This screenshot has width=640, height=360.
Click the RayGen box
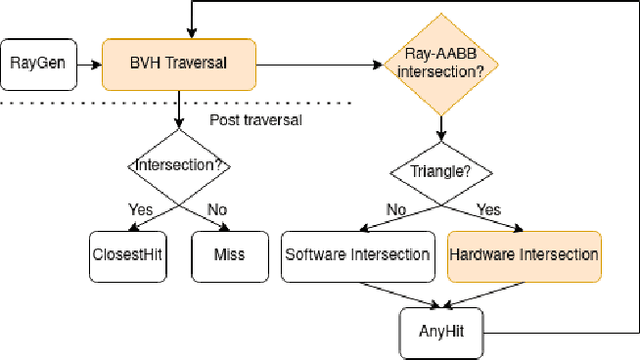[37, 63]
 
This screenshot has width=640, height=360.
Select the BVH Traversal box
[179, 63]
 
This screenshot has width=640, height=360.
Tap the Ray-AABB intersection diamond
[440, 63]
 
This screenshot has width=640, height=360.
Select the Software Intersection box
[357, 253]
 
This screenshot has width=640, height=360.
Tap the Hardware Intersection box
[524, 253]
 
